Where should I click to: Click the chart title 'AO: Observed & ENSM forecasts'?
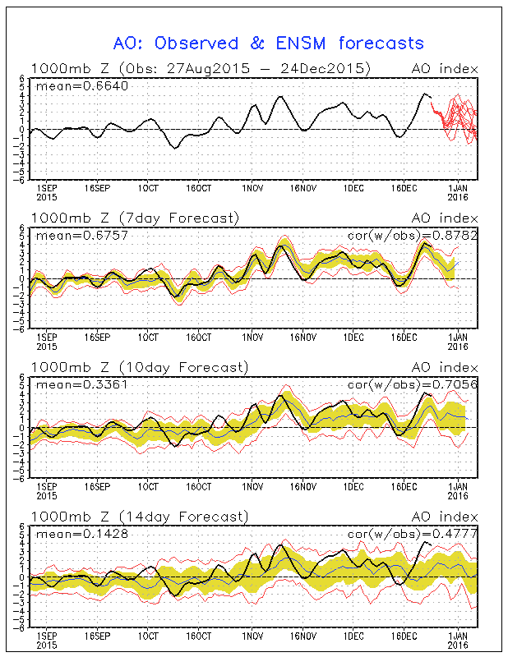coord(268,43)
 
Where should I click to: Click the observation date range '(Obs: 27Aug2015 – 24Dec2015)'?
coord(245,68)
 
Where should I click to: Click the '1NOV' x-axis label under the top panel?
coord(252,188)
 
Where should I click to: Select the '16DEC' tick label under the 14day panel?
coord(403,636)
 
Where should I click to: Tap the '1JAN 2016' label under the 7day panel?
coord(457,342)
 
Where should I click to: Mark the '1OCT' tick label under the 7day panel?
coord(148,338)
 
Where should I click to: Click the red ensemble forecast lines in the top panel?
coord(456,119)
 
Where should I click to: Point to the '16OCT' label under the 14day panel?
coord(199,636)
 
